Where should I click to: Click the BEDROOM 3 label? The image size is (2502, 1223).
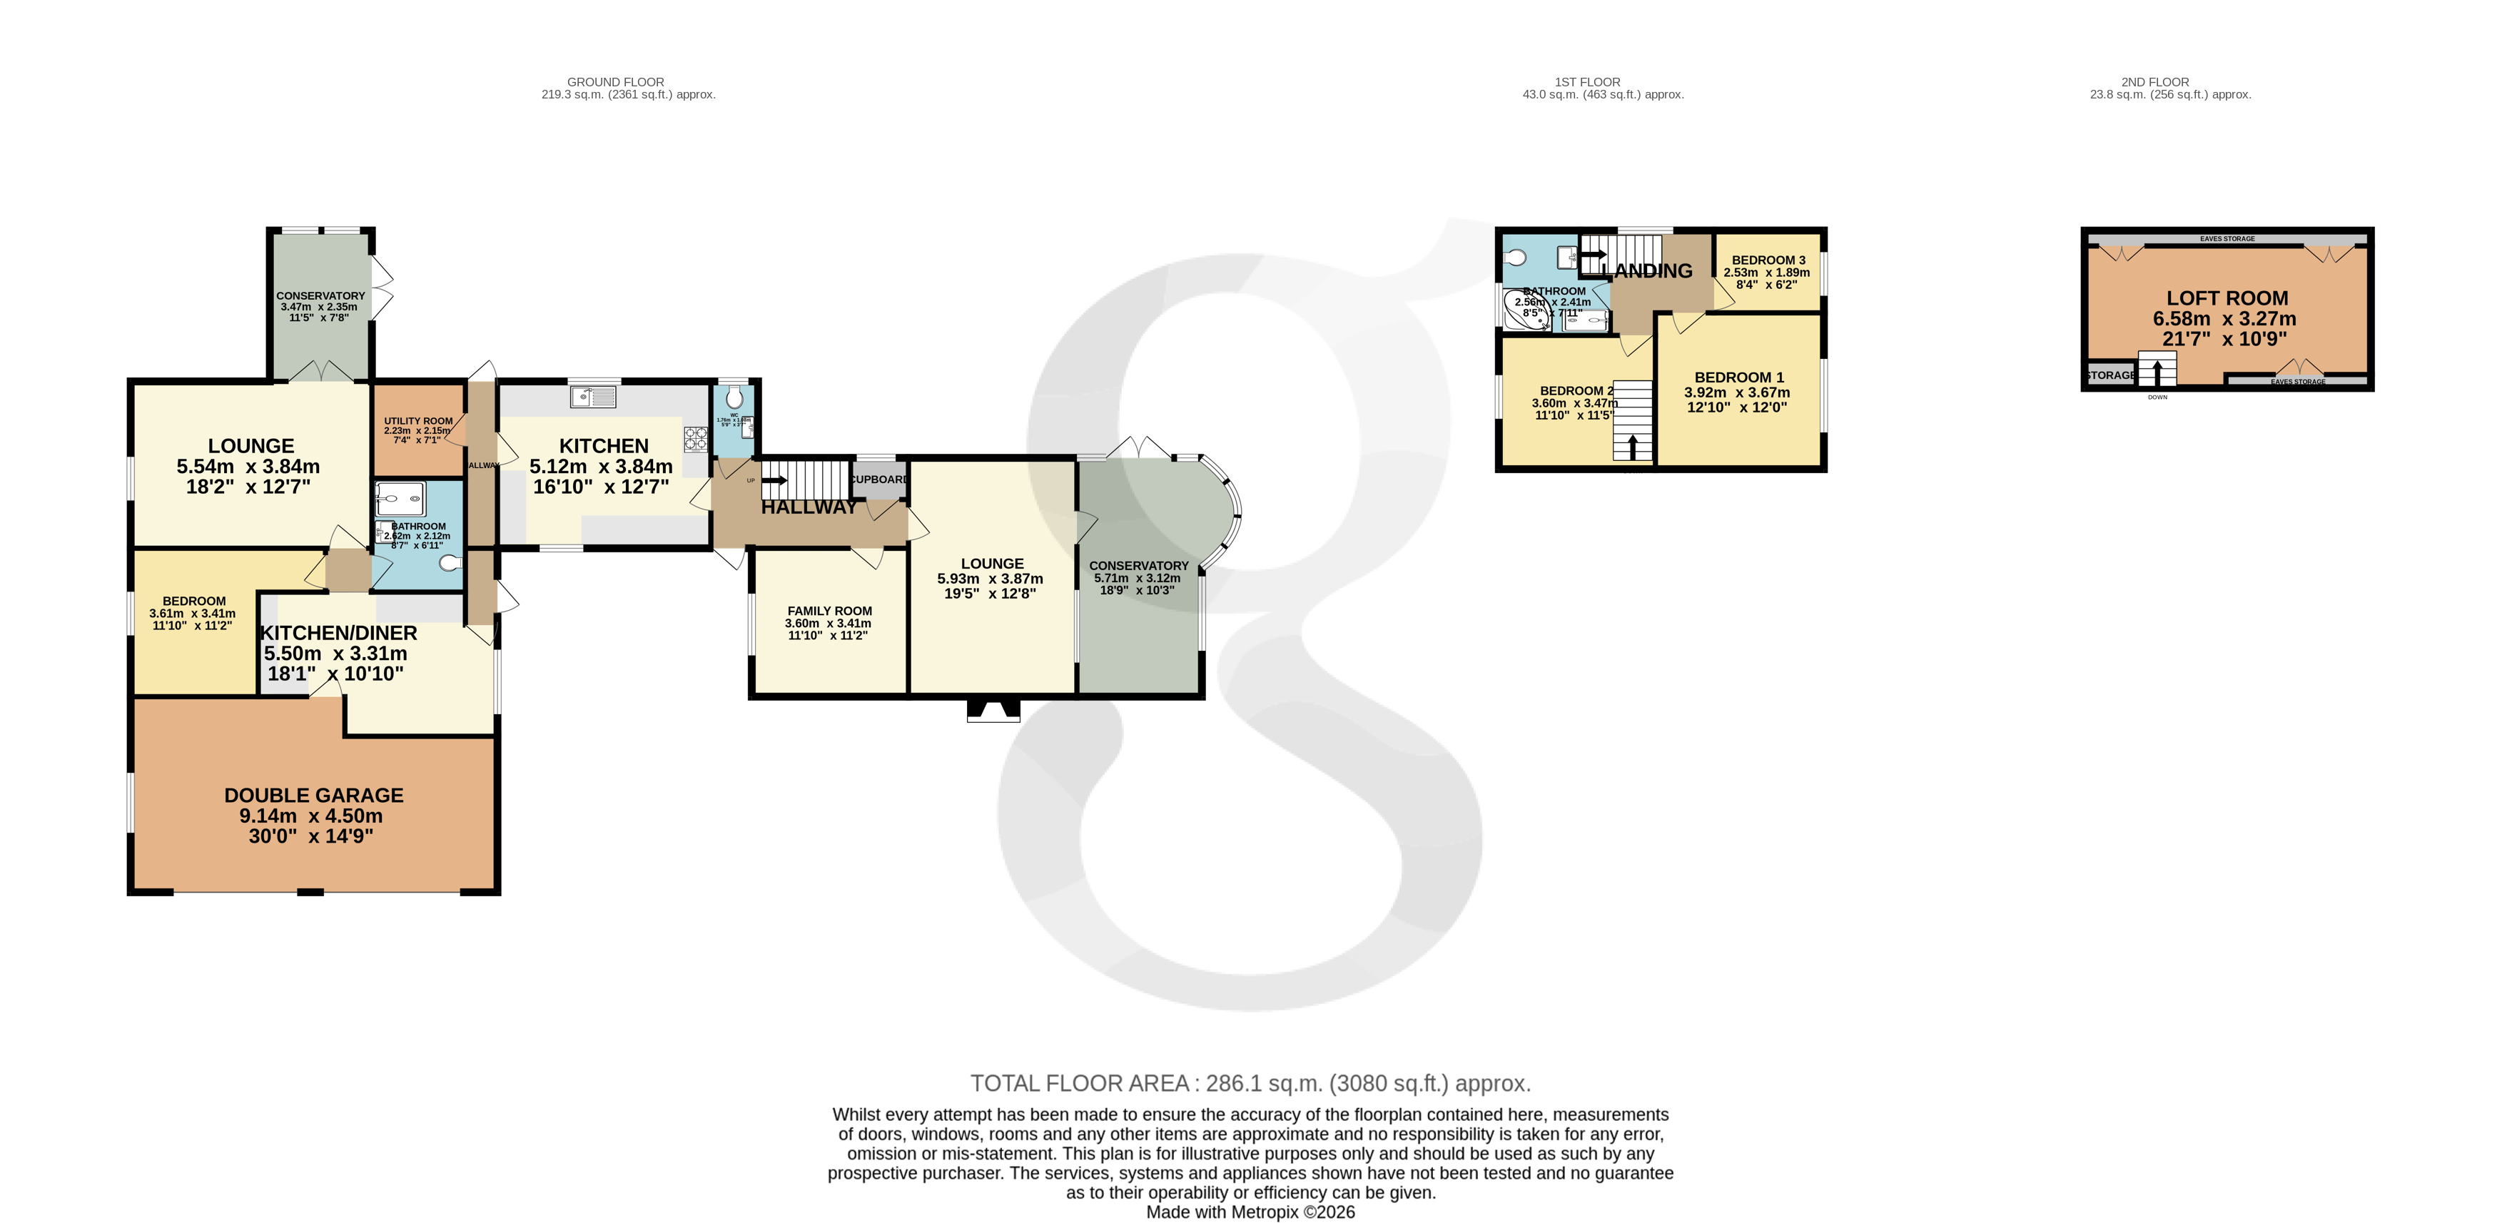(1768, 260)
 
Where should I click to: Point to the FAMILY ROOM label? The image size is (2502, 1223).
(829, 611)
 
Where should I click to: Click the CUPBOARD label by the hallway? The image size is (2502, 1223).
(879, 479)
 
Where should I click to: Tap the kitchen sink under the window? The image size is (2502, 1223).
(594, 396)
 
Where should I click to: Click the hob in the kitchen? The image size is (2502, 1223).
(695, 439)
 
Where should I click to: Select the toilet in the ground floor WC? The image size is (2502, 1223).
(735, 397)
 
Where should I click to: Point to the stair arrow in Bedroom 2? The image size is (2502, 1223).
(1632, 447)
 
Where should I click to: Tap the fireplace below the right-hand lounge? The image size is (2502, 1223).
(993, 711)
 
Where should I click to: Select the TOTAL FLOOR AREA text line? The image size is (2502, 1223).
(1250, 1083)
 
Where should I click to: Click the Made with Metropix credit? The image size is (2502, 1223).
(1250, 1212)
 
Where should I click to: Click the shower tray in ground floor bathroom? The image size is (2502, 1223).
(400, 498)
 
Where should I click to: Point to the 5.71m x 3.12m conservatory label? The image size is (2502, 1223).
(1138, 578)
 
